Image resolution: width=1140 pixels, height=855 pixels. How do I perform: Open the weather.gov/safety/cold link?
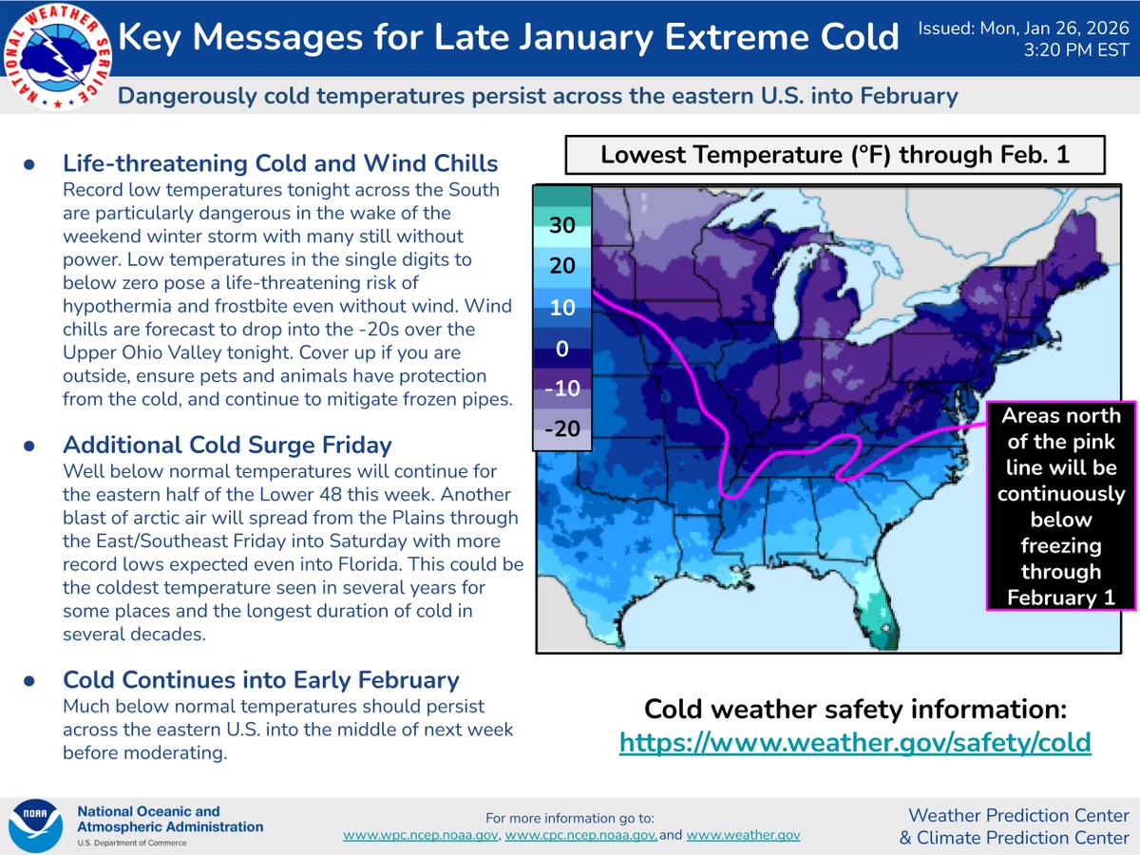pos(855,742)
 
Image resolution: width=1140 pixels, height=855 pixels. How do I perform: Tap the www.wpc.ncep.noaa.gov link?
pos(421,835)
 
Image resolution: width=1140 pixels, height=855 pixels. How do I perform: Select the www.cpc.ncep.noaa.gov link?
pos(579,835)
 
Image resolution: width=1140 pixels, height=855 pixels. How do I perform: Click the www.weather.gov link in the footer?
pos(743,835)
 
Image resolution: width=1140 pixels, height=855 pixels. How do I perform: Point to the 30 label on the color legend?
pos(562,227)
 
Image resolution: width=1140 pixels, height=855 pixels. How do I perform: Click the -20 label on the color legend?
pos(562,429)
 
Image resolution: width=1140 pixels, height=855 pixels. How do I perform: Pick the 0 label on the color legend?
pos(562,349)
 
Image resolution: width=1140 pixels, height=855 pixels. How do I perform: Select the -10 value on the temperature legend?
pos(562,389)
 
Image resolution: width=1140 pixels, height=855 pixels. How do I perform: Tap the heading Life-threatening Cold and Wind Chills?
pos(280,163)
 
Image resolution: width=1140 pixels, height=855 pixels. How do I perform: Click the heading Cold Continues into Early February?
pos(261,680)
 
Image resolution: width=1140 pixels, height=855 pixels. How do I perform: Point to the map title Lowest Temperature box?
pos(835,155)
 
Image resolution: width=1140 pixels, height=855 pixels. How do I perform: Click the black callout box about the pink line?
pos(1058,506)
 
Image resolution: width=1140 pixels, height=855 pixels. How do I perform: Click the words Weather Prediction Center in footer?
pos(1018,815)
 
